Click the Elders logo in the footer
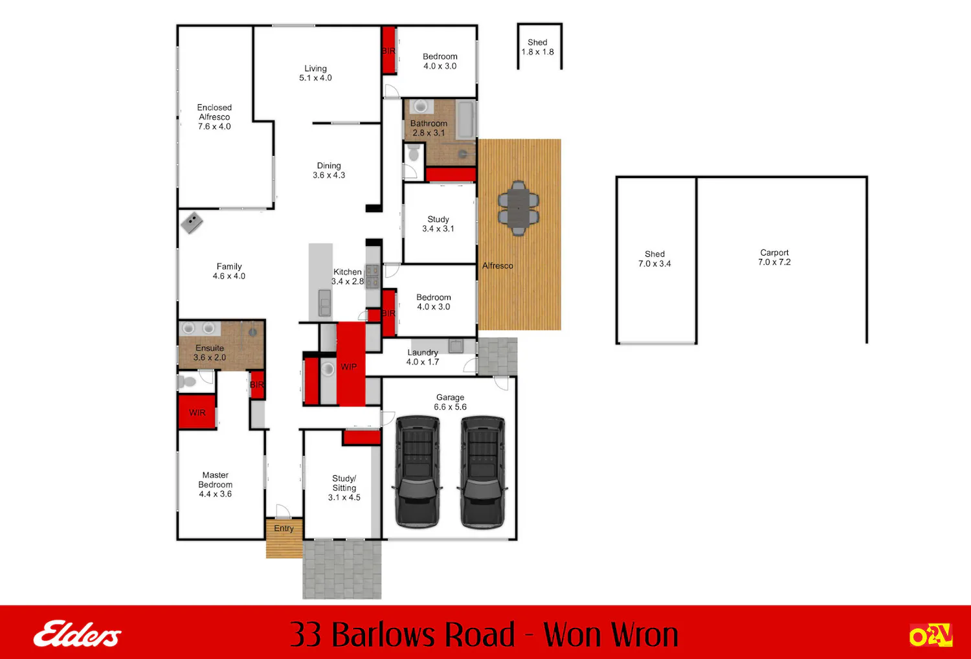(78, 634)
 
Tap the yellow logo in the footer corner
(930, 634)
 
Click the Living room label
(315, 73)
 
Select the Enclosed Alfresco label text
(214, 117)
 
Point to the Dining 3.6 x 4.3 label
(329, 170)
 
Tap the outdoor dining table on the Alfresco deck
(519, 208)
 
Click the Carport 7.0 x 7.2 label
(774, 257)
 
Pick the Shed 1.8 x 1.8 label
(537, 47)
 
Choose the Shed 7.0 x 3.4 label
(654, 259)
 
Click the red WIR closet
(197, 412)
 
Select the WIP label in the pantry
(348, 367)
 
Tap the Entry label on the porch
(284, 528)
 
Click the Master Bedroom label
(215, 484)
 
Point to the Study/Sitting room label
(344, 487)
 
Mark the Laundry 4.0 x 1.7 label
(423, 357)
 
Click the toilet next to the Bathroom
(414, 152)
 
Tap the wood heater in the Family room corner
(192, 223)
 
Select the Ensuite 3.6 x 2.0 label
(210, 352)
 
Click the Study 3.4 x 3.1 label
(438, 224)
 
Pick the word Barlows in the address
(423, 634)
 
